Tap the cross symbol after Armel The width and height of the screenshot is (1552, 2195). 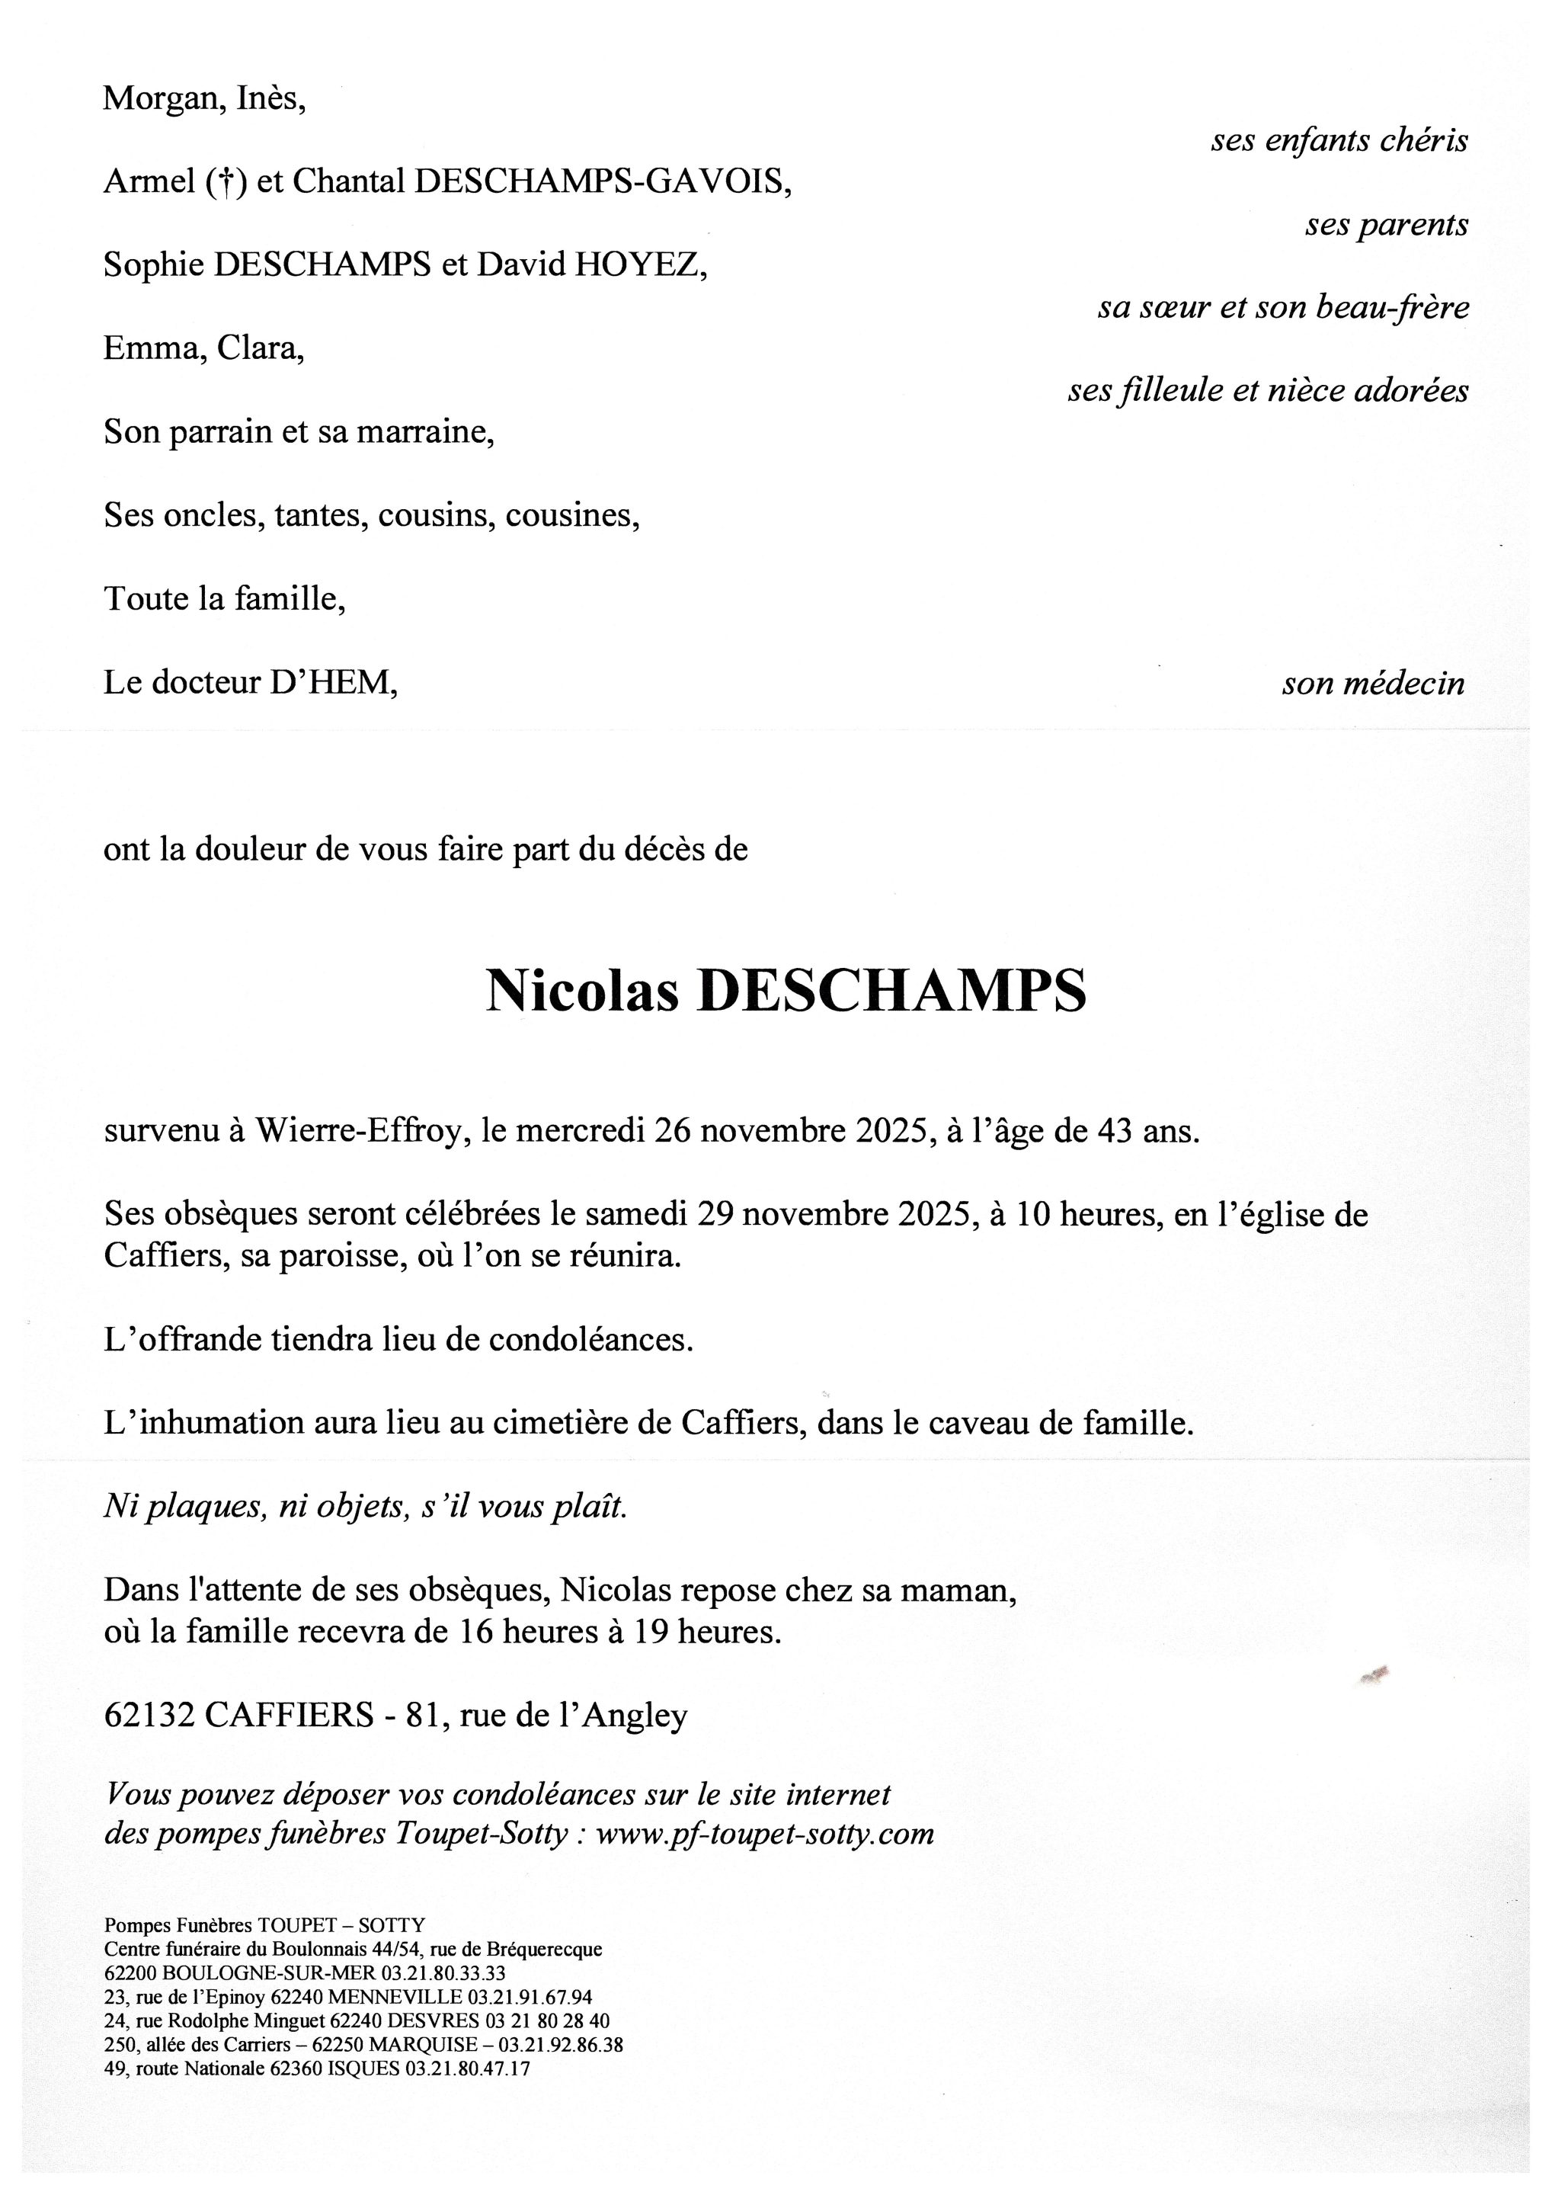click(226, 181)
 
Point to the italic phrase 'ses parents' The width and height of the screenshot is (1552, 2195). click(1387, 225)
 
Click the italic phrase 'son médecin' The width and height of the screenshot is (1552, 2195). click(1373, 684)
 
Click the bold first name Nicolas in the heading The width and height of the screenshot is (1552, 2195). click(582, 992)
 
